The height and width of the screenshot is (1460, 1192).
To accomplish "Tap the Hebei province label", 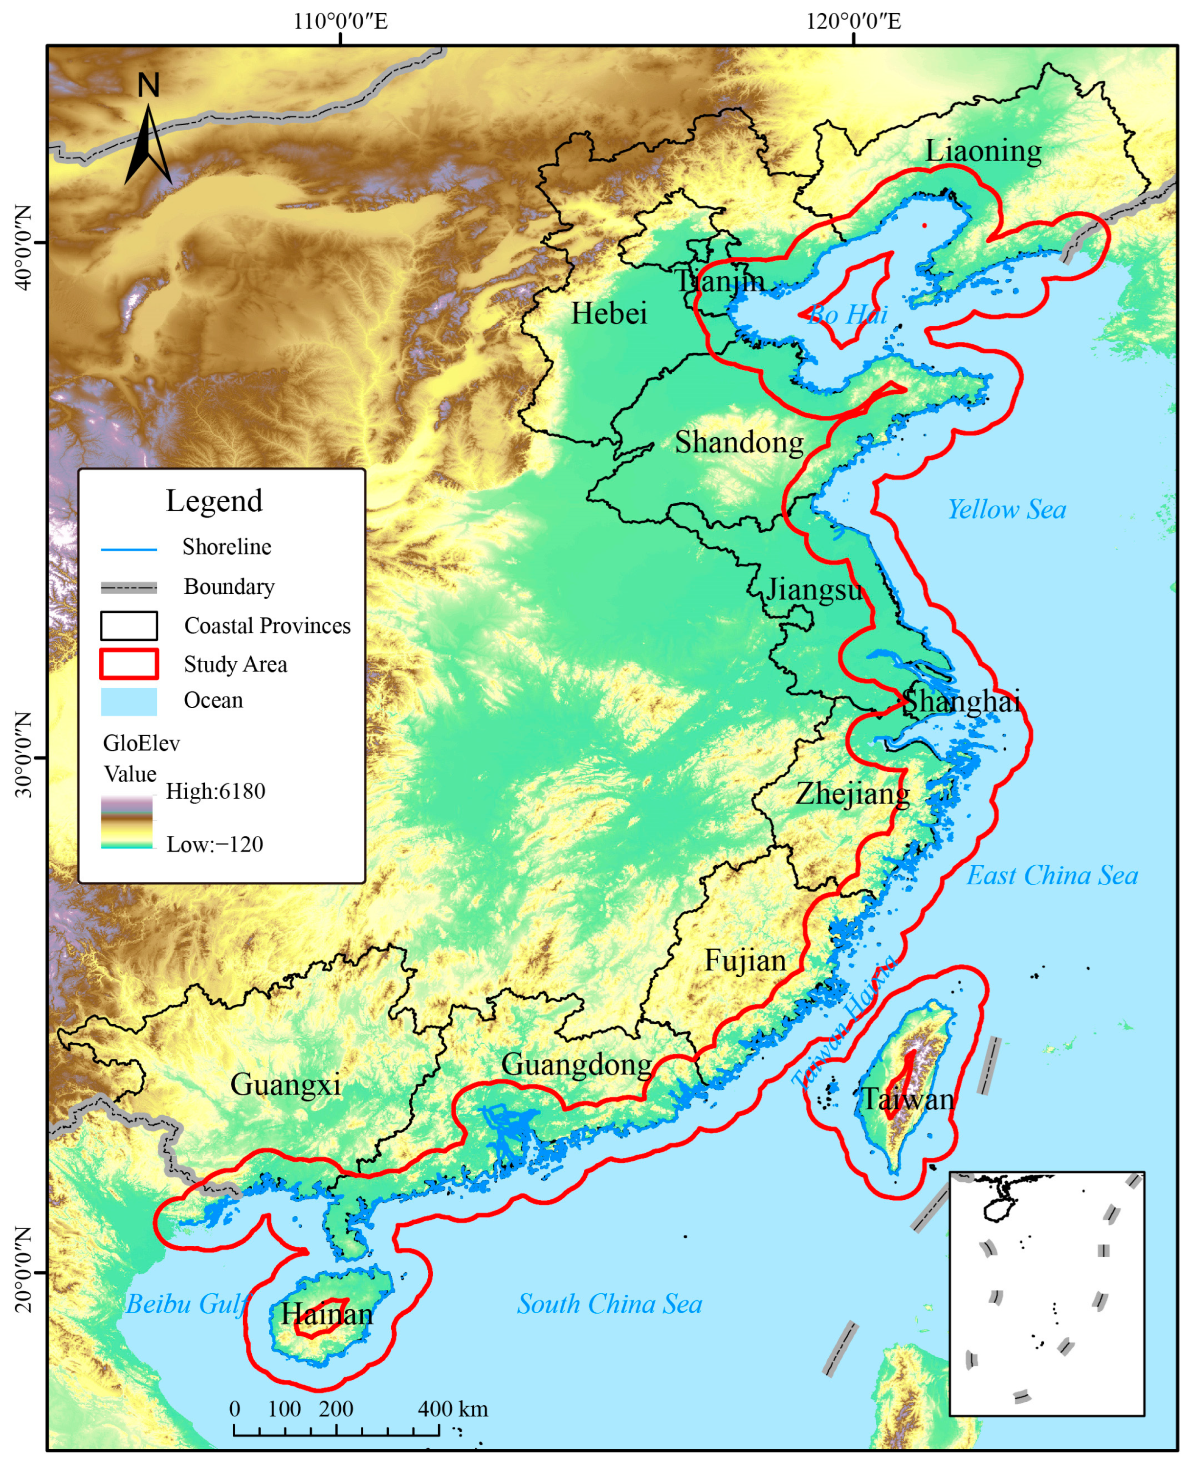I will point(609,314).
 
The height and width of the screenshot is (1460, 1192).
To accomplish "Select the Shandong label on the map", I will point(739,442).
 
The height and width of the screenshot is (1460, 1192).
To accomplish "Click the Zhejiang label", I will point(852,794).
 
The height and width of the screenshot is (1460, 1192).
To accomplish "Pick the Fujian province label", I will point(745,961).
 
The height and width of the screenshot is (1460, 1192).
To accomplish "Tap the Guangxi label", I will point(285,1085).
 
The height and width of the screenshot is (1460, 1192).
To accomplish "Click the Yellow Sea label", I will point(1007,510).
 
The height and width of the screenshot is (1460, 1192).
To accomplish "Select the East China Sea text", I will point(1052,876).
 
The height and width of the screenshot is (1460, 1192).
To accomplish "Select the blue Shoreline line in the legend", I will point(129,549).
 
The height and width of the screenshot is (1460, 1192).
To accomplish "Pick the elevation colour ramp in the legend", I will point(127,822).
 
